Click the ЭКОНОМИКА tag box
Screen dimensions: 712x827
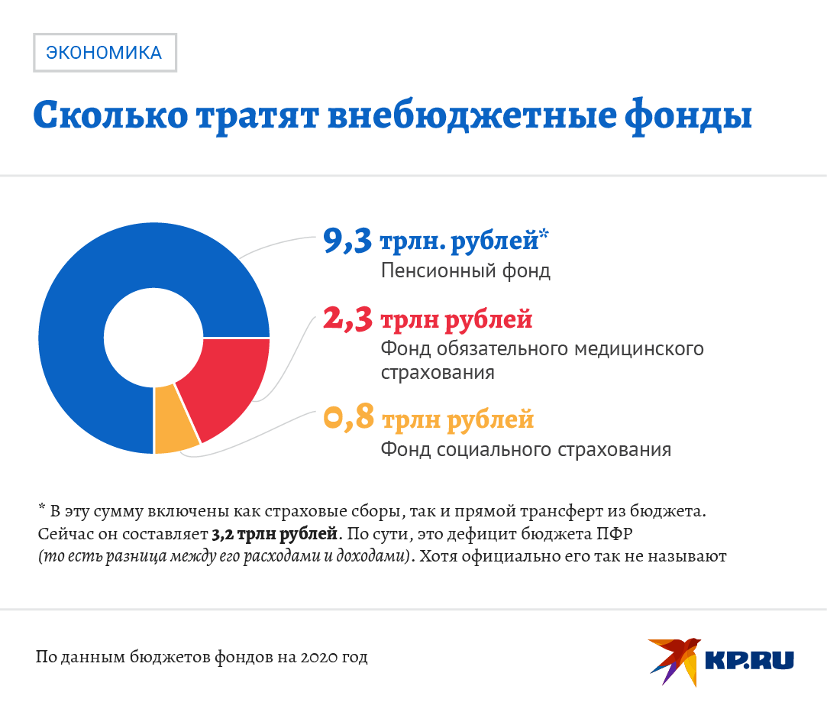point(105,53)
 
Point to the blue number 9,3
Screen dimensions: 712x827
point(347,241)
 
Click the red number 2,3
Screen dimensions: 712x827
point(347,319)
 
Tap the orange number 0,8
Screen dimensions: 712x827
point(348,419)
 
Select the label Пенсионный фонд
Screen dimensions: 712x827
point(465,271)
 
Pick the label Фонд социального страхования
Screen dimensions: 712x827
point(525,449)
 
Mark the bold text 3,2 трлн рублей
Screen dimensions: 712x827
point(274,532)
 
